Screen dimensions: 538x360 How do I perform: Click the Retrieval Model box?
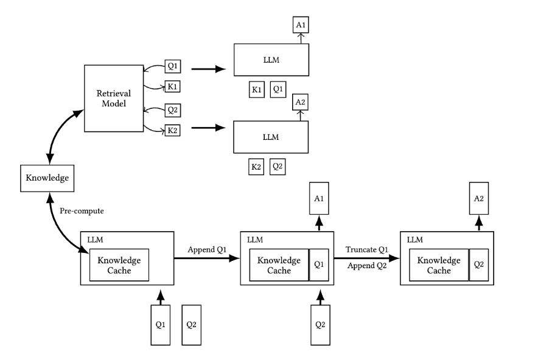tap(114, 99)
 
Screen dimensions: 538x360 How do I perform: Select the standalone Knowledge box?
tap(47, 178)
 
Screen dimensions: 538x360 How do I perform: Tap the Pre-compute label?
tap(82, 211)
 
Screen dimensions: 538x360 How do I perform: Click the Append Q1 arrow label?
tap(207, 249)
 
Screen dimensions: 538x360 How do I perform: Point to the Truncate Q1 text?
tap(366, 249)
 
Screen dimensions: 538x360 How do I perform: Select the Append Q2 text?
tap(367, 266)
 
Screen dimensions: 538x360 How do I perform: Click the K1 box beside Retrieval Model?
tap(172, 86)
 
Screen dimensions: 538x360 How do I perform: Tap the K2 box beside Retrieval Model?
tap(172, 130)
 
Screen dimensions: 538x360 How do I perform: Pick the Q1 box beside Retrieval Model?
tap(173, 66)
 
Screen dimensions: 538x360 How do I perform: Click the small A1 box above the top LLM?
tap(301, 25)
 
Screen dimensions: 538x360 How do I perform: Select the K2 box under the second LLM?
tap(256, 167)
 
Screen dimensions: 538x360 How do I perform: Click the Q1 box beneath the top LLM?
tap(278, 89)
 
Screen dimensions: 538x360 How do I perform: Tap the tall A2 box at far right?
tap(478, 198)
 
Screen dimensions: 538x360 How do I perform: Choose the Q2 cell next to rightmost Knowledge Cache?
tap(478, 265)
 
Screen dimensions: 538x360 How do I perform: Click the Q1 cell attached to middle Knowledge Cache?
tap(319, 265)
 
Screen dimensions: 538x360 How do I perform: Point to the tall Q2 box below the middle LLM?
tap(320, 325)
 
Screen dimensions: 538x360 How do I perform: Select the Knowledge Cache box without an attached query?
tap(119, 265)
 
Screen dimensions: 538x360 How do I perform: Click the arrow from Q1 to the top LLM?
tap(208, 69)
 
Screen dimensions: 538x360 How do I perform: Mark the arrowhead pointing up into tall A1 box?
tap(319, 220)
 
